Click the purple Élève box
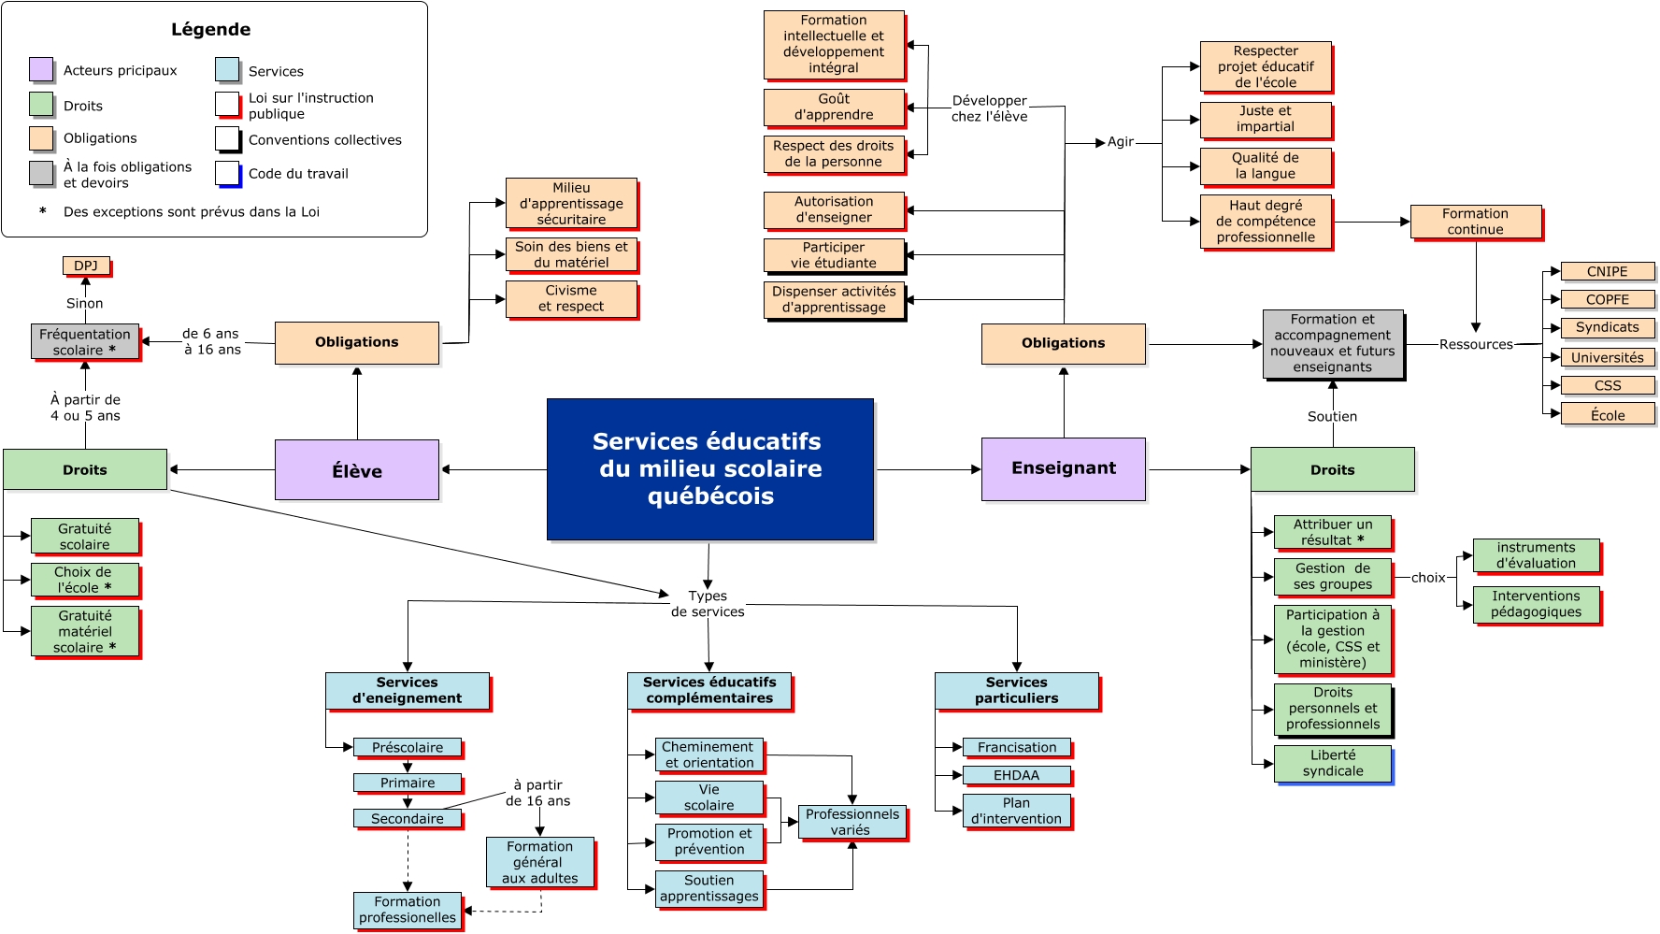click(x=357, y=470)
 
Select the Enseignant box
click(x=1064, y=468)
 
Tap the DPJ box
click(x=86, y=266)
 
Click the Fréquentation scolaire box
click(x=85, y=342)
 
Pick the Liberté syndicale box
click(x=1333, y=763)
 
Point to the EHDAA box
click(x=1016, y=775)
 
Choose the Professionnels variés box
click(x=851, y=822)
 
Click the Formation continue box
click(x=1475, y=222)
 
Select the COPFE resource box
click(x=1607, y=299)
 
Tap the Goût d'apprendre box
click(x=834, y=107)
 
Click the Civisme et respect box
click(x=571, y=298)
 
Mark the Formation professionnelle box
click(x=408, y=910)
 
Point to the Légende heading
click(x=211, y=29)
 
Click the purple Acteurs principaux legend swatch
click(x=41, y=69)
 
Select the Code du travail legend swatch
click(x=228, y=173)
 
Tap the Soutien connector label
click(x=1332, y=417)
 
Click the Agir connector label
click(x=1120, y=142)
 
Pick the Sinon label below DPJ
click(x=85, y=303)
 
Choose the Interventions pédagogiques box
click(x=1536, y=604)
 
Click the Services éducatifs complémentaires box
click(x=709, y=690)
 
